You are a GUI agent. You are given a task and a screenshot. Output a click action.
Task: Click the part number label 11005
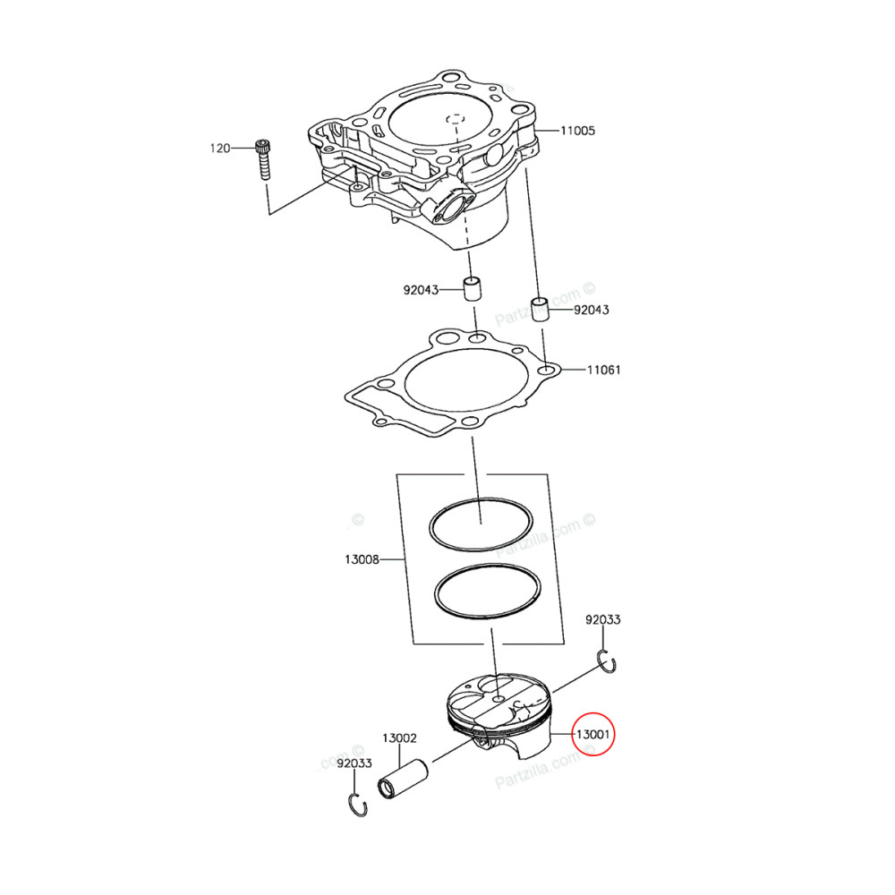pos(578,131)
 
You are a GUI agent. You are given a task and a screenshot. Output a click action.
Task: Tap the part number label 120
pos(220,148)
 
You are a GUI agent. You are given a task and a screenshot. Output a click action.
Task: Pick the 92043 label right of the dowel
pos(591,310)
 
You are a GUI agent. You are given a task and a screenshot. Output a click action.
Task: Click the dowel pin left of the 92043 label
pos(472,290)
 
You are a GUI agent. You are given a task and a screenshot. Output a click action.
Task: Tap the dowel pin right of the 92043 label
pos(541,309)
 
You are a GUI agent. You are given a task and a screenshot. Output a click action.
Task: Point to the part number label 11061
pos(603,369)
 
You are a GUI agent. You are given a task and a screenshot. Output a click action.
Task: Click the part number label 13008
pos(361,560)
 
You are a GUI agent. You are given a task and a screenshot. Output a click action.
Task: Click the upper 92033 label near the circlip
pos(603,619)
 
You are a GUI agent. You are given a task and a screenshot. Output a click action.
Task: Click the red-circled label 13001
pos(592,735)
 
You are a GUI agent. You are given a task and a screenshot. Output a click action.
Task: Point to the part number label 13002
pos(399,738)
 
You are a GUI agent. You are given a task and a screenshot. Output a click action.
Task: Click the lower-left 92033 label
pos(354,763)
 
